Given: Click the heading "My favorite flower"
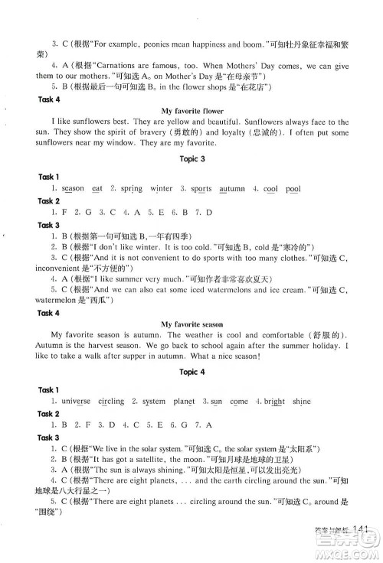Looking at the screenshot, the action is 191,111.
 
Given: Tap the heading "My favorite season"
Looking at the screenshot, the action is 191,324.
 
